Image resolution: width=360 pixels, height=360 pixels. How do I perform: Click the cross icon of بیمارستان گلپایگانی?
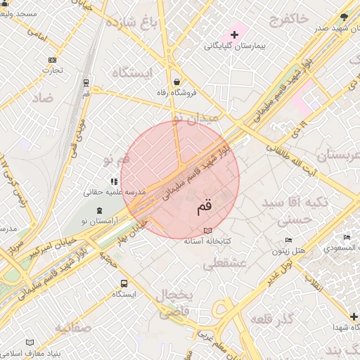[x=234, y=34]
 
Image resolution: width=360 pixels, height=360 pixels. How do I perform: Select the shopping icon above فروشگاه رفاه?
[x=175, y=81]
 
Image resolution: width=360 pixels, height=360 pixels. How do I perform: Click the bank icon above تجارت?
[x=52, y=60]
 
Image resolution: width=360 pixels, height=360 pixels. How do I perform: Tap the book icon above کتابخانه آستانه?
[x=207, y=230]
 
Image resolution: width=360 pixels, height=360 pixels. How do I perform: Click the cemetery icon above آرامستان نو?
[x=99, y=210]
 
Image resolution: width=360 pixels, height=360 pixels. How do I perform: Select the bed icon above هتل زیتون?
[x=289, y=240]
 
